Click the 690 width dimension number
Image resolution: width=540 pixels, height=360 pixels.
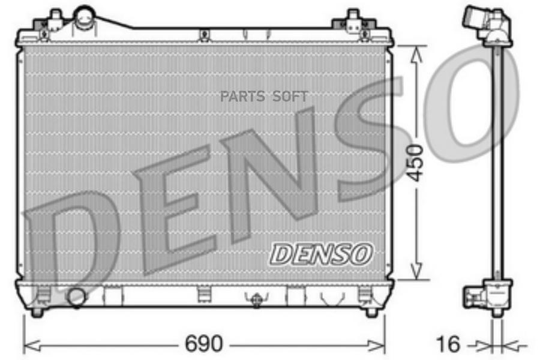tap(204, 343)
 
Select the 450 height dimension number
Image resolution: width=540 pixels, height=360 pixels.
tap(415, 163)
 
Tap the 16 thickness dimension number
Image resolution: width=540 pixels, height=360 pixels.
tap(448, 344)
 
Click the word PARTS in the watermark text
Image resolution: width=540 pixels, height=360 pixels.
tap(242, 97)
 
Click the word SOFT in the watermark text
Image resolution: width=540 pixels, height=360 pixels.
tap(290, 97)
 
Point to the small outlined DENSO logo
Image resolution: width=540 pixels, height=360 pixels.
tap(321, 254)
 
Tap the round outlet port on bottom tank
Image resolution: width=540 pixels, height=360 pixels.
tap(76, 297)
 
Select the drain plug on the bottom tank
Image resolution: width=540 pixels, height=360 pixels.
tap(256, 300)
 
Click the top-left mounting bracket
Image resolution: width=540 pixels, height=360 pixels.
tap(52, 24)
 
